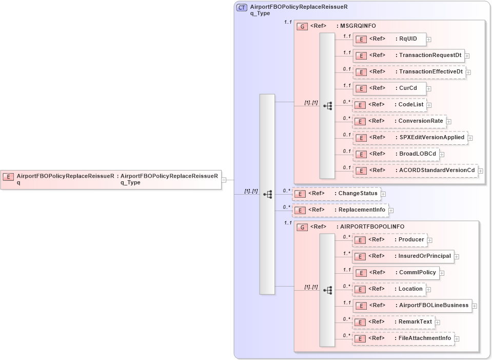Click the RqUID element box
point(389,39)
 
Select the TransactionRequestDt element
point(408,55)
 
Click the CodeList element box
point(389,105)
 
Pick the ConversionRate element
point(399,121)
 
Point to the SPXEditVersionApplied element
point(410,138)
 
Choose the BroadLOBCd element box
point(396,154)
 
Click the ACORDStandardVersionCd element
point(415,170)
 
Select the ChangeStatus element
point(336,194)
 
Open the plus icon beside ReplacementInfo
point(391,210)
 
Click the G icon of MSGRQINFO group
point(303,26)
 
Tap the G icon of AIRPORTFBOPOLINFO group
point(303,227)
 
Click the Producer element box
point(389,240)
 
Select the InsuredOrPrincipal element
point(403,256)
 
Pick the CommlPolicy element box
point(396,273)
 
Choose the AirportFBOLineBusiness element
point(412,306)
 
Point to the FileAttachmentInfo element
point(403,338)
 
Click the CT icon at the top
point(242,7)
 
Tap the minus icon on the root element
point(224,180)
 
